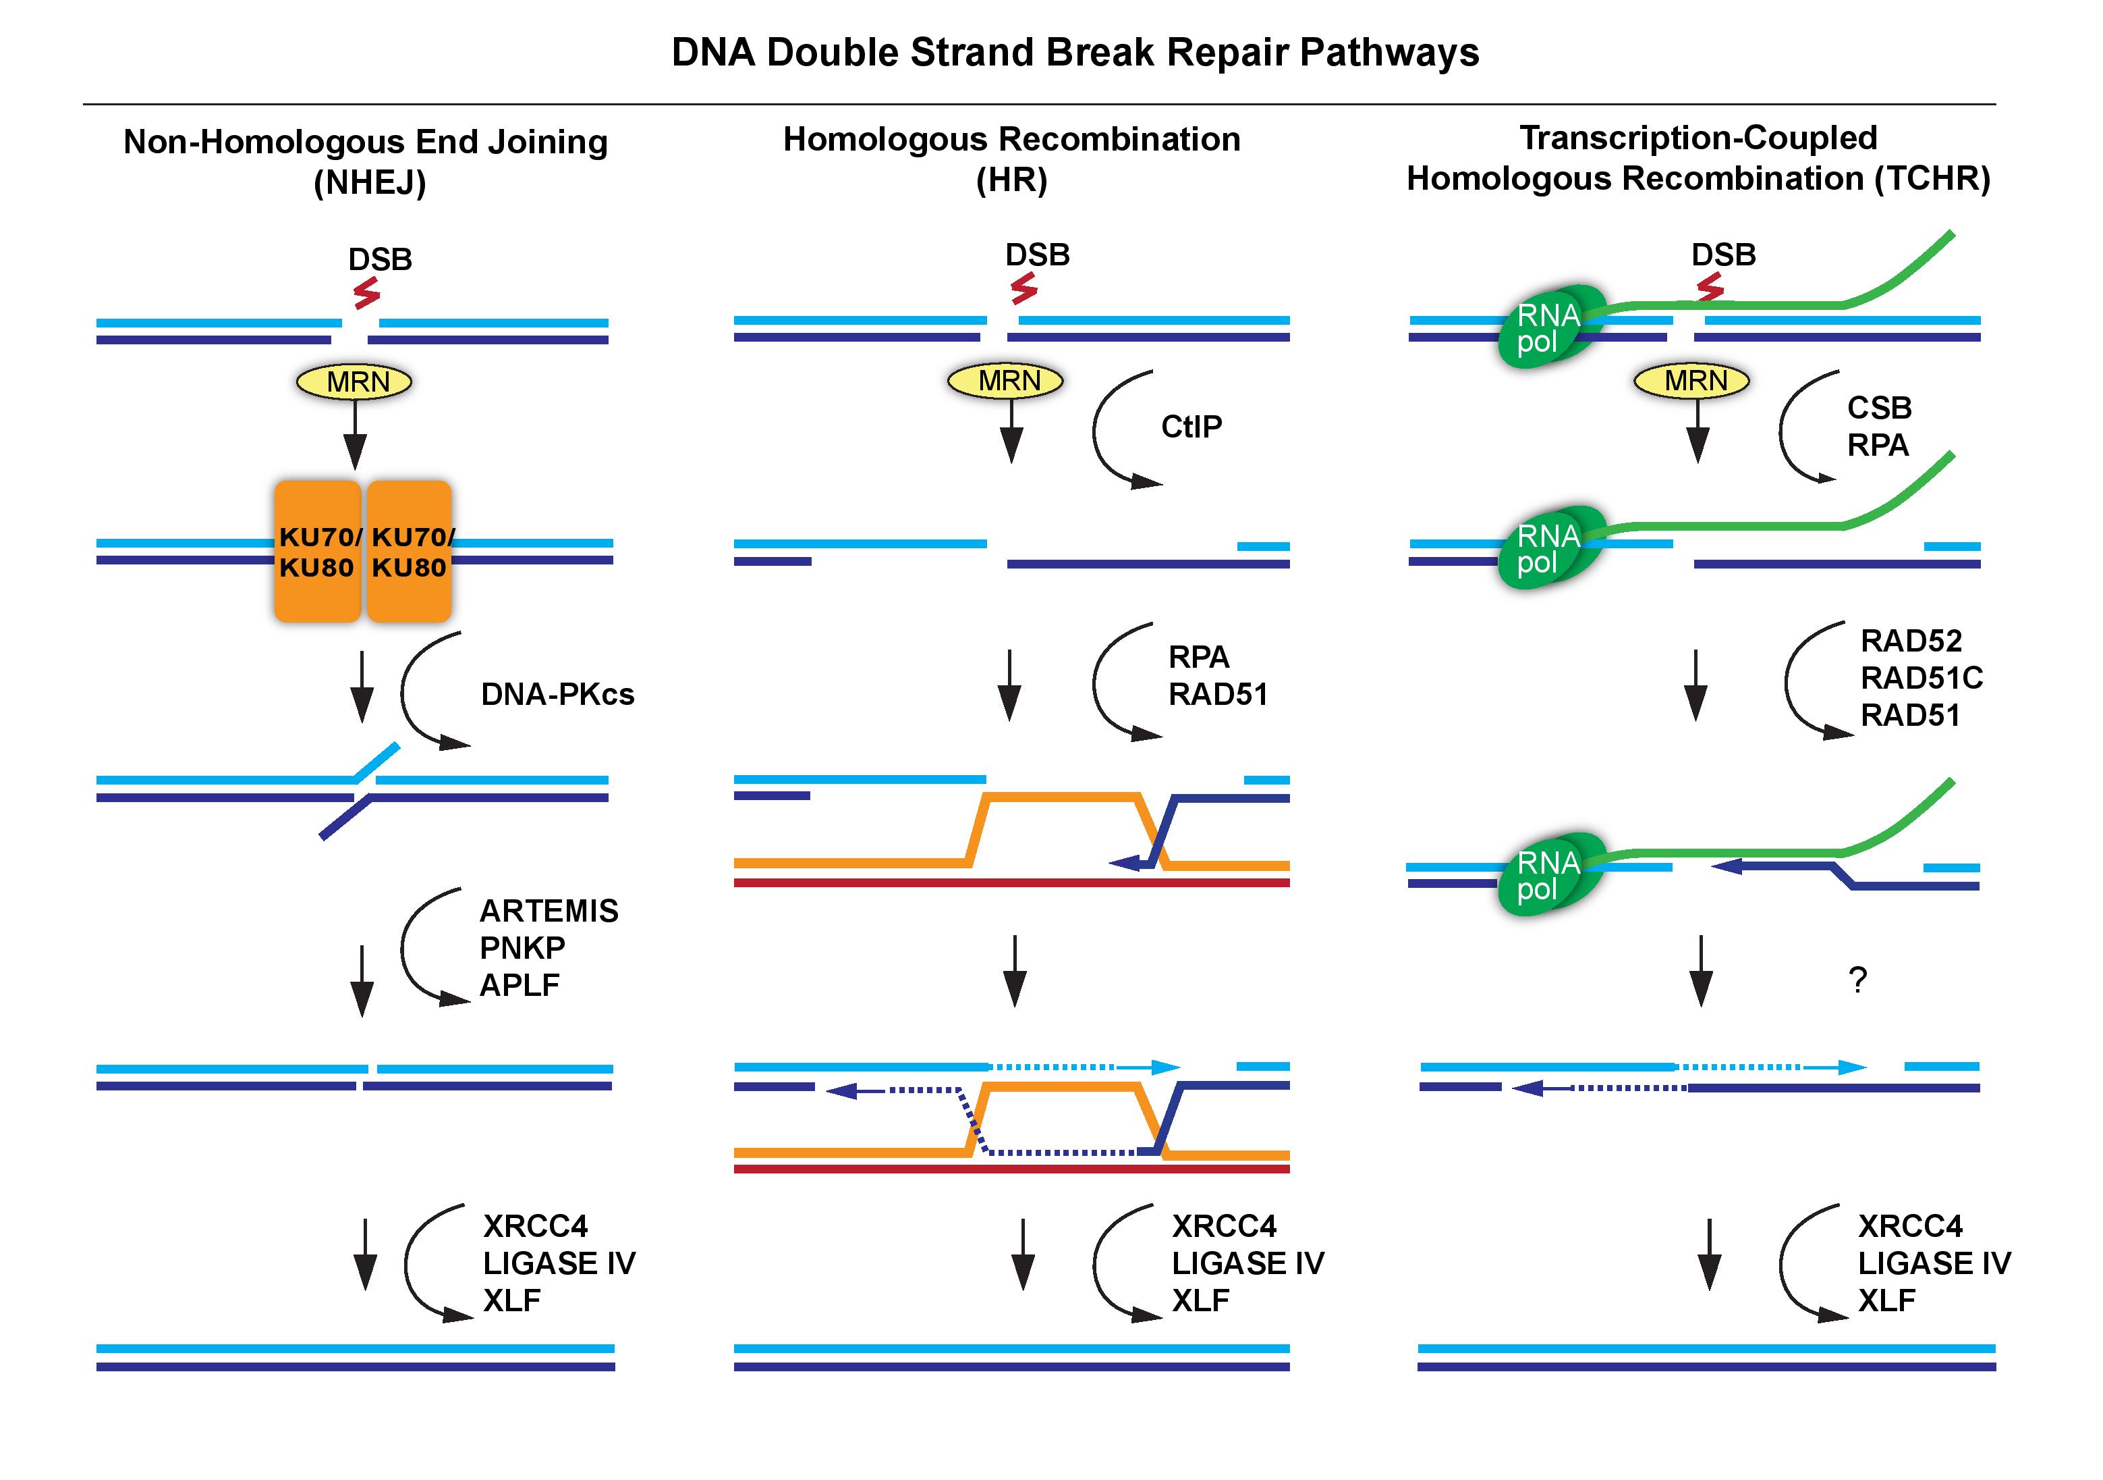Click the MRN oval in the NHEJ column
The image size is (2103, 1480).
(x=354, y=381)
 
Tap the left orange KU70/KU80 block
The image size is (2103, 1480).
(x=317, y=552)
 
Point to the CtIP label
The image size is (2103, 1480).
(x=1191, y=427)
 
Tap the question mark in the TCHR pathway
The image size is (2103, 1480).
(x=1857, y=980)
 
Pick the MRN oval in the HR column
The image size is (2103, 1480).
(x=1005, y=380)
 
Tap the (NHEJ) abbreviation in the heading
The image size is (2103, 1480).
(x=370, y=182)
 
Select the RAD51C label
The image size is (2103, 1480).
(x=1922, y=678)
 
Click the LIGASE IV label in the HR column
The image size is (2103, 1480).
(x=1247, y=1264)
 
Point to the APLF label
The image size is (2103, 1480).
(x=520, y=985)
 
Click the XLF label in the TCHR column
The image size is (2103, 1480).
(x=1887, y=1300)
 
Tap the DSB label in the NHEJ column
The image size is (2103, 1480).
(x=379, y=259)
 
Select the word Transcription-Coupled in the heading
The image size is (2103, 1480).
(x=1698, y=138)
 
